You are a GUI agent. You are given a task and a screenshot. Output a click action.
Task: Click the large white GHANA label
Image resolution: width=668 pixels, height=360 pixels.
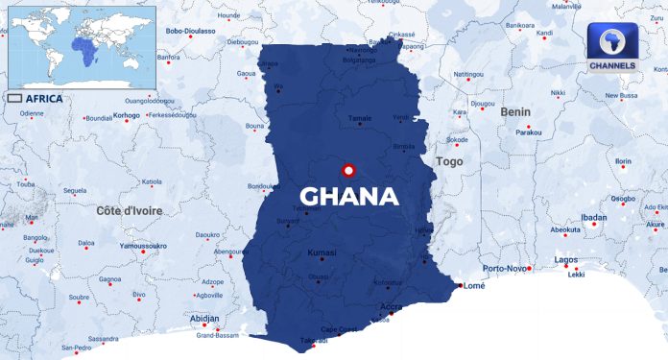click(x=348, y=197)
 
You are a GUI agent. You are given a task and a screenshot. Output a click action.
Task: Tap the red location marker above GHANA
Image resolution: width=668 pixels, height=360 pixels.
click(x=348, y=171)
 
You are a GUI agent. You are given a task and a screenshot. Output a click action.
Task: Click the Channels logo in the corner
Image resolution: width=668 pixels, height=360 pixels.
click(x=611, y=47)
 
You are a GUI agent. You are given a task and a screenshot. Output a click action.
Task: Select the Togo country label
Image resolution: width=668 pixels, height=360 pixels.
click(x=449, y=162)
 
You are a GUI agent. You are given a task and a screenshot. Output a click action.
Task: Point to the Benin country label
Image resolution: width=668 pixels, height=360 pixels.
click(x=514, y=112)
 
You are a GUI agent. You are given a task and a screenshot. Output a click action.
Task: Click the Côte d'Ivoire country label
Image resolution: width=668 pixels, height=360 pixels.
click(x=130, y=210)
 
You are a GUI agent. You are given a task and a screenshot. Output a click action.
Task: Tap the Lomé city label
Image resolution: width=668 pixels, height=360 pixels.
click(x=474, y=285)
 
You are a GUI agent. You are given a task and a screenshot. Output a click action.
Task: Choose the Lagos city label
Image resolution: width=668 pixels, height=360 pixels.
click(x=567, y=260)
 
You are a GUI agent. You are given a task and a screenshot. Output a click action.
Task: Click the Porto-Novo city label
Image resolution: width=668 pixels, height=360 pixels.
click(x=505, y=268)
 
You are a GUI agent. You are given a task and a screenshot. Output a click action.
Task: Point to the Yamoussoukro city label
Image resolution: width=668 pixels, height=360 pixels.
click(x=142, y=246)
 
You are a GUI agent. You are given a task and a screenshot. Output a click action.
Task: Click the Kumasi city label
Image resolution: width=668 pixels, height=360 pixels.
click(x=322, y=252)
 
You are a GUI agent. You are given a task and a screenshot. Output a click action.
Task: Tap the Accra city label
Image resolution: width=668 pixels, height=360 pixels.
click(x=391, y=307)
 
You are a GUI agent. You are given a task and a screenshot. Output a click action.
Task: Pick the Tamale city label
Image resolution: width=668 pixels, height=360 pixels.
click(x=359, y=118)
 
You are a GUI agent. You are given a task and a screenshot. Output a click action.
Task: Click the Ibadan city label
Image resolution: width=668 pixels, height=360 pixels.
click(x=593, y=218)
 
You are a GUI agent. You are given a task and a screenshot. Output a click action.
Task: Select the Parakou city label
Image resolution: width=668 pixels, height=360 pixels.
click(x=529, y=132)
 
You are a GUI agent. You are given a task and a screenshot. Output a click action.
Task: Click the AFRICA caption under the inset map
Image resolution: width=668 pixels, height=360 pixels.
click(x=45, y=98)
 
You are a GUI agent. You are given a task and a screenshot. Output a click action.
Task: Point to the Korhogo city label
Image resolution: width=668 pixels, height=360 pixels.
click(x=126, y=116)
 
